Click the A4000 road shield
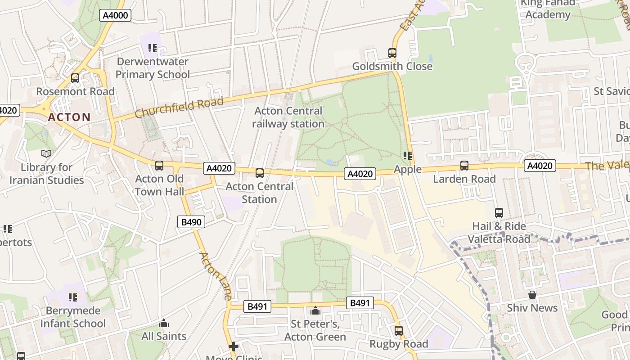click(x=115, y=15)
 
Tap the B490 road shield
click(x=191, y=222)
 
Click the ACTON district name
click(x=69, y=117)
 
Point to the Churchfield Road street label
click(x=179, y=108)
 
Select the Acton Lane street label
click(x=216, y=276)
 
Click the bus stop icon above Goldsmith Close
click(x=392, y=53)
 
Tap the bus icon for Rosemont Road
click(x=75, y=78)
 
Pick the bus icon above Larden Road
click(x=464, y=166)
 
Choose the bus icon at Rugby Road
click(x=399, y=331)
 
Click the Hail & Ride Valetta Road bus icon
click(x=499, y=213)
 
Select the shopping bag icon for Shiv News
click(x=532, y=295)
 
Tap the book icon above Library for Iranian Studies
click(x=46, y=154)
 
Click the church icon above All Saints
click(x=164, y=323)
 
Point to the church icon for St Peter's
click(x=315, y=311)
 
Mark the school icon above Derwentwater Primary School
click(x=153, y=48)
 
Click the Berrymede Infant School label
click(x=73, y=317)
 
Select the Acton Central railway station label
click(x=288, y=117)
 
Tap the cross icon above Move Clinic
click(x=233, y=346)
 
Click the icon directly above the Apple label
click(x=408, y=156)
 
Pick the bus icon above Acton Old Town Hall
click(x=159, y=166)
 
